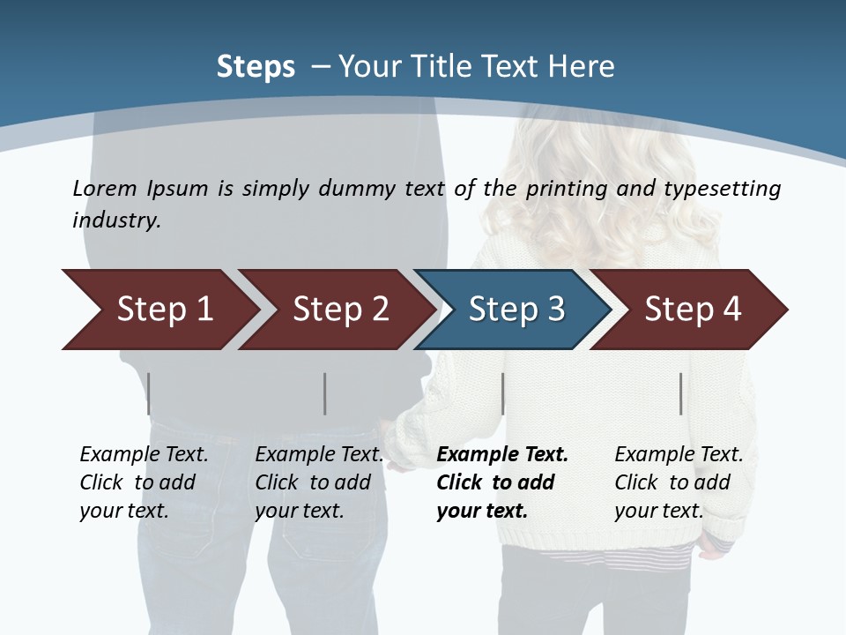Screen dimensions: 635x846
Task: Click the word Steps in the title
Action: coord(256,67)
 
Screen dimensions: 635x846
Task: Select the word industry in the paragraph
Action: coord(116,220)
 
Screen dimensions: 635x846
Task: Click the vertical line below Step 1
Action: coord(149,393)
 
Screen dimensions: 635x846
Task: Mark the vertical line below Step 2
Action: coord(325,393)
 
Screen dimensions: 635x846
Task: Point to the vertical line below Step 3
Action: coord(502,393)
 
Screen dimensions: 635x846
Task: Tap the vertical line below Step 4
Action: coord(680,393)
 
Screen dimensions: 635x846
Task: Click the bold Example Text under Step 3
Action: coord(502,455)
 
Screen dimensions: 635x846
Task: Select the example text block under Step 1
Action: coord(144,482)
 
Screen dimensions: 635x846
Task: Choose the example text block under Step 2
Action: coord(319,482)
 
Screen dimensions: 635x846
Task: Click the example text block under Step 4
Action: coord(679,482)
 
